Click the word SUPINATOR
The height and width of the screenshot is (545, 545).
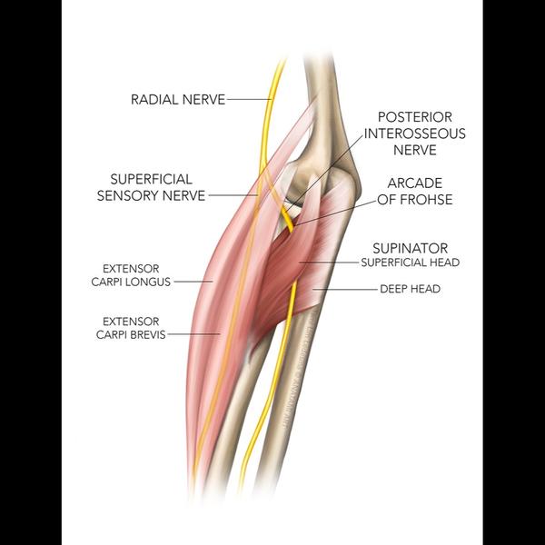(409, 247)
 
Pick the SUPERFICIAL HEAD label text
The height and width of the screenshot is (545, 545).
(409, 263)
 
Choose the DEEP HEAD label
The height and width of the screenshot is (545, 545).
(410, 289)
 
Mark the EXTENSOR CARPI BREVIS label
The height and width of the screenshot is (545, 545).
(132, 328)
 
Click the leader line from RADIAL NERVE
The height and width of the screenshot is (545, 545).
(247, 99)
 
